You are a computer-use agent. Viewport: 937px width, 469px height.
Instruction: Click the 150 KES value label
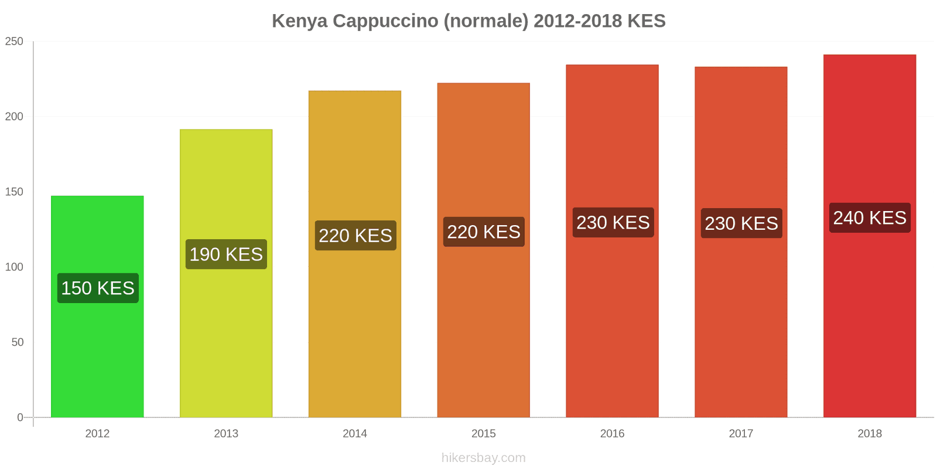tap(98, 288)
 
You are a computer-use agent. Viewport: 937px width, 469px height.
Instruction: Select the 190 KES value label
tap(226, 254)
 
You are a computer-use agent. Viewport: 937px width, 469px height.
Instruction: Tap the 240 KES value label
tap(870, 217)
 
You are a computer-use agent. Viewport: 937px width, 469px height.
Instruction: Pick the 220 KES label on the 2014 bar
tap(355, 235)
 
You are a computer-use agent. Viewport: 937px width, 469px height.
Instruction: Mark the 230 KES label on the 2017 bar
tap(741, 223)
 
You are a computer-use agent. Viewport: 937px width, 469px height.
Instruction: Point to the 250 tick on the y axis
tap(14, 41)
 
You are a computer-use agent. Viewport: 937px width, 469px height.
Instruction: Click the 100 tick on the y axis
tap(14, 267)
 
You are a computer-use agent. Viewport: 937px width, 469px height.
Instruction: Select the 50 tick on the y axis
tap(18, 342)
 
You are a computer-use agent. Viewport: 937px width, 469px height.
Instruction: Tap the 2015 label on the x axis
tap(483, 433)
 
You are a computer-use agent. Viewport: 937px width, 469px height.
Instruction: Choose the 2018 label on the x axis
tap(870, 433)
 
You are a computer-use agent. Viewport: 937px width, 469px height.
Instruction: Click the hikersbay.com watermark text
tap(483, 457)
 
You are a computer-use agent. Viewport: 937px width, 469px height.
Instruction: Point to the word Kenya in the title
tap(299, 21)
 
